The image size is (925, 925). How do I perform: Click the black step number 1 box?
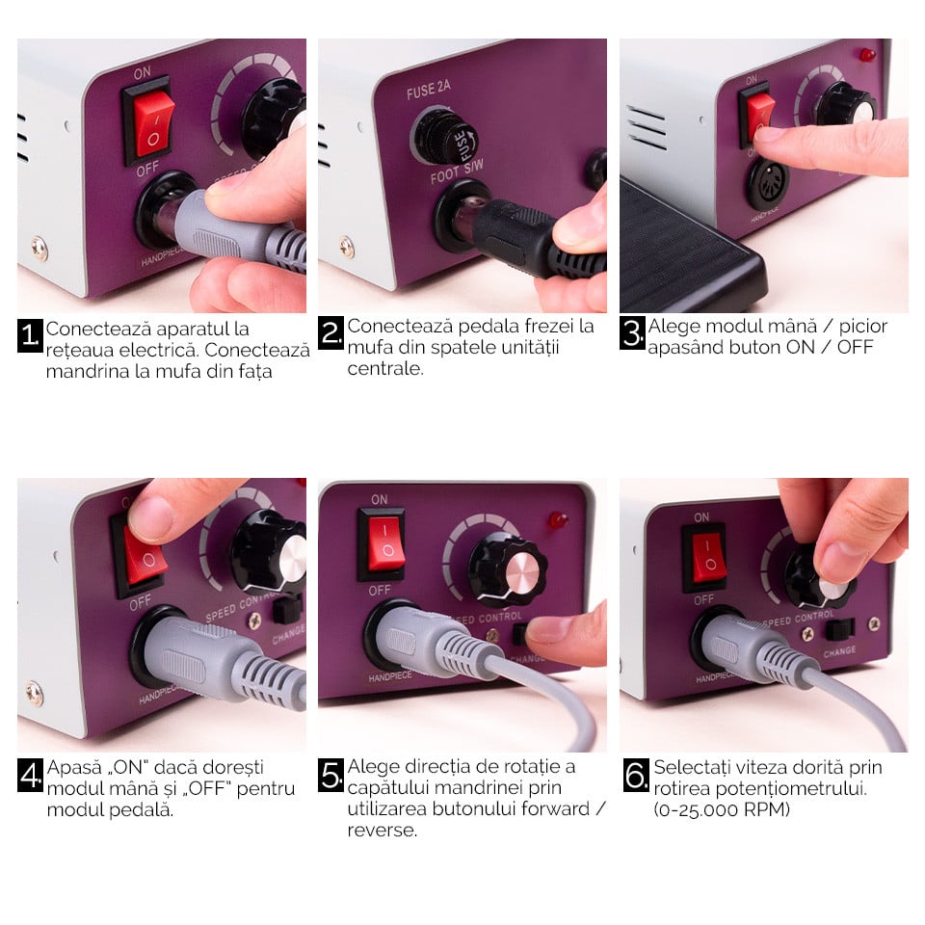(30, 335)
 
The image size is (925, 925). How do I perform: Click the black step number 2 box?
(330, 332)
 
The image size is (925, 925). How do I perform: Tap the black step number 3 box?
(632, 332)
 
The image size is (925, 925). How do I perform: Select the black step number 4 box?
(30, 775)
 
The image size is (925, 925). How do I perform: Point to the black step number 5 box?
(330, 775)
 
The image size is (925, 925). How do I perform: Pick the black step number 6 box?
(636, 775)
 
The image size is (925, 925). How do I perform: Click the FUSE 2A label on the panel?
(429, 90)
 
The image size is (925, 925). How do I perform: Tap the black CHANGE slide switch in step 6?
(840, 629)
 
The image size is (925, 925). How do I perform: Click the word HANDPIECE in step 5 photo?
(390, 676)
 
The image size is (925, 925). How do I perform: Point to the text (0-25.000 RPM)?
(722, 809)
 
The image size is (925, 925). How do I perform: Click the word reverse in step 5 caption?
(383, 831)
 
